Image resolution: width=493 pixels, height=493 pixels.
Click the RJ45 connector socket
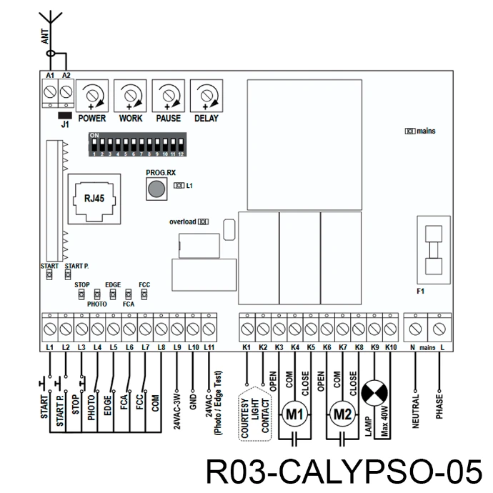(x=94, y=199)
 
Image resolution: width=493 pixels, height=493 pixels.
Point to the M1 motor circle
(x=294, y=414)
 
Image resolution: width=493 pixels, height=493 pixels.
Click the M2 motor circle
(x=342, y=414)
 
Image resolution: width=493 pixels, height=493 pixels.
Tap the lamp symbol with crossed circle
(x=374, y=393)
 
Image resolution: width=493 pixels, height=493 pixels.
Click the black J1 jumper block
(x=65, y=115)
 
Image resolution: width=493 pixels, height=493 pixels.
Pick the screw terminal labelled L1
(x=50, y=329)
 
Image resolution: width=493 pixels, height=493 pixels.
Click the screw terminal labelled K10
(x=391, y=329)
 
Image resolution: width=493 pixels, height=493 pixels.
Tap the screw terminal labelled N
(x=415, y=329)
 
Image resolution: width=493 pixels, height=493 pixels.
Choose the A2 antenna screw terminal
(x=66, y=92)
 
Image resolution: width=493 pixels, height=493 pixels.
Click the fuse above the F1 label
(x=434, y=250)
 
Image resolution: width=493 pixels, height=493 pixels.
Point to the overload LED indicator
(x=203, y=221)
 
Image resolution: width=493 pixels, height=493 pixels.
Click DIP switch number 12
(x=181, y=144)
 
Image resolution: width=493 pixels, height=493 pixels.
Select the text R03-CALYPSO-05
(x=344, y=472)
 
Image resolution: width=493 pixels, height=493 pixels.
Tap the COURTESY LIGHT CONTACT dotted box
(x=254, y=414)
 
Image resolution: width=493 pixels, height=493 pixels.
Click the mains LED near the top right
(x=409, y=131)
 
